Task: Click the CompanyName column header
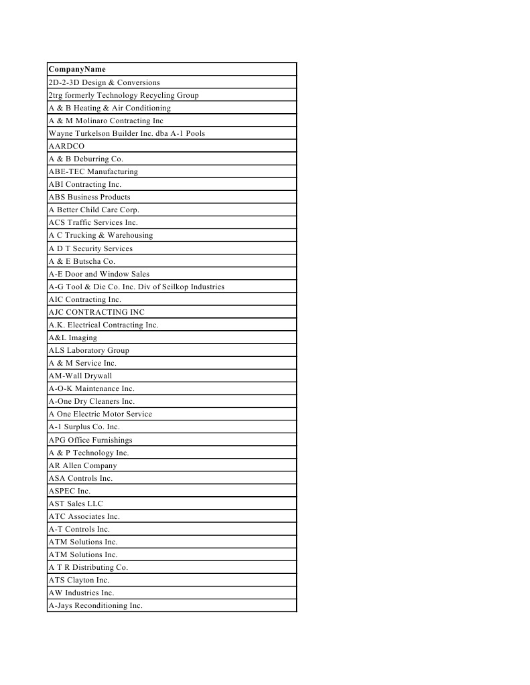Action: pyautogui.click(x=77, y=69)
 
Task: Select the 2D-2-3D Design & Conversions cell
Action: pyautogui.click(x=104, y=82)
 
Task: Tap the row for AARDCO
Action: pyautogui.click(x=66, y=146)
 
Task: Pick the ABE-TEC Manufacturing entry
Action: pyautogui.click(x=92, y=171)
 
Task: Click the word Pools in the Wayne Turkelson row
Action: pyautogui.click(x=194, y=133)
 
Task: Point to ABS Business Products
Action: pyautogui.click(x=89, y=197)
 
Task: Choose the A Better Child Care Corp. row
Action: pyautogui.click(x=93, y=210)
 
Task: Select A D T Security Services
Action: pyautogui.click(x=90, y=248)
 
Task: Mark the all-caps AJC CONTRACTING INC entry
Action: pyautogui.click(x=96, y=312)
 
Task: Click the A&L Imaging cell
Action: pyautogui.click(x=72, y=337)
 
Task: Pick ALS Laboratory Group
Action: pyautogui.click(x=88, y=350)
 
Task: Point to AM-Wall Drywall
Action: pyautogui.click(x=80, y=376)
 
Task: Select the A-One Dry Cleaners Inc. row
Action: pyautogui.click(x=91, y=401)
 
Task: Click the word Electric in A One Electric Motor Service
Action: pyautogui.click(x=88, y=414)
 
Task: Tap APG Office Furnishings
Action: pyautogui.click(x=90, y=440)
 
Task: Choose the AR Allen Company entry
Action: pyautogui.click(x=82, y=465)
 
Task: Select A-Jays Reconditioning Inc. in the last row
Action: pyautogui.click(x=95, y=605)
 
